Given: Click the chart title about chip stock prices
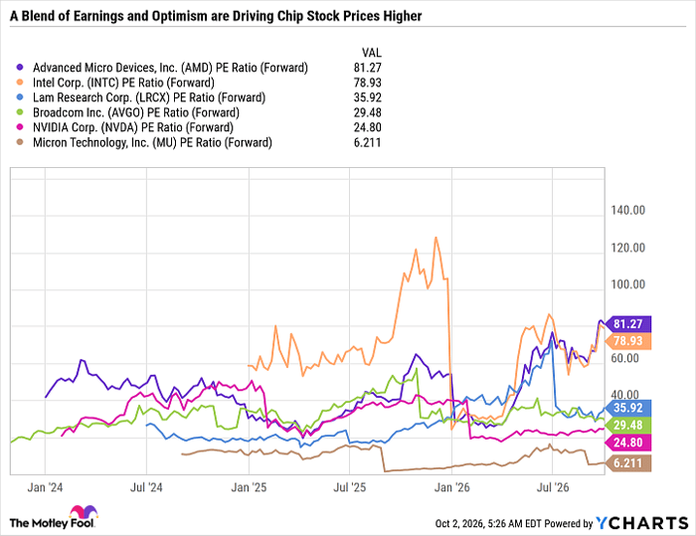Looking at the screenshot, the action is click(x=216, y=16).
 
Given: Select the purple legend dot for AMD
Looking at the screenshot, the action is click(x=20, y=68).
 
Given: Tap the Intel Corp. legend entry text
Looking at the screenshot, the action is click(x=123, y=83).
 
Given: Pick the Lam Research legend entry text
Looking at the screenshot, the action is click(x=149, y=97).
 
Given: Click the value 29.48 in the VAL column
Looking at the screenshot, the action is click(x=368, y=112).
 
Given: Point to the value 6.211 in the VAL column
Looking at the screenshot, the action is click(x=368, y=142).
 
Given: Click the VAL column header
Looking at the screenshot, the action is click(x=372, y=53).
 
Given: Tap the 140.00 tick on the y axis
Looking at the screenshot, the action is click(x=627, y=210).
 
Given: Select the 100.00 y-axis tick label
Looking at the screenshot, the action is click(x=627, y=284).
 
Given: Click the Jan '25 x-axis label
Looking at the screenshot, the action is click(x=249, y=487).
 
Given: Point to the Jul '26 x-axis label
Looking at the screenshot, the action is click(x=553, y=487).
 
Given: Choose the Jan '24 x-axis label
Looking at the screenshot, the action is click(x=45, y=487).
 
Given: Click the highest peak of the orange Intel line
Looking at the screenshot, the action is click(x=435, y=238).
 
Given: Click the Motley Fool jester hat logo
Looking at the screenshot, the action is click(x=84, y=512).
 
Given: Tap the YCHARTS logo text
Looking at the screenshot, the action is click(x=642, y=523).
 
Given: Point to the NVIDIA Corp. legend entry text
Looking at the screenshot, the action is click(x=132, y=128).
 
